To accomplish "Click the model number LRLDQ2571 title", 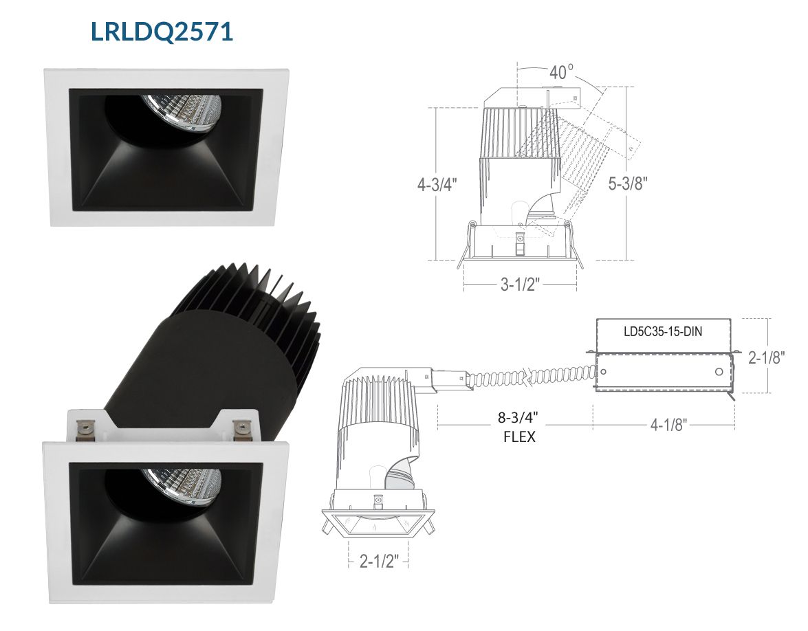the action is pos(162,32).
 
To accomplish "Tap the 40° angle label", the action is pos(561,72).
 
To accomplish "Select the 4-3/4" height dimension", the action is pos(437,184).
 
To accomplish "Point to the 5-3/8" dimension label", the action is pos(628,183).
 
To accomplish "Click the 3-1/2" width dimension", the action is pos(520,284).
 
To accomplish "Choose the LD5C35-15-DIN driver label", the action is pos(663,332).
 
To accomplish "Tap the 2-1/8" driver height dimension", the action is pos(766,357).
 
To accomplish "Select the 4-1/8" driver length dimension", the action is pos(668,425).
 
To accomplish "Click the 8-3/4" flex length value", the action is pos(519,417).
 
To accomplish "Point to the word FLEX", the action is pos(519,436).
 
